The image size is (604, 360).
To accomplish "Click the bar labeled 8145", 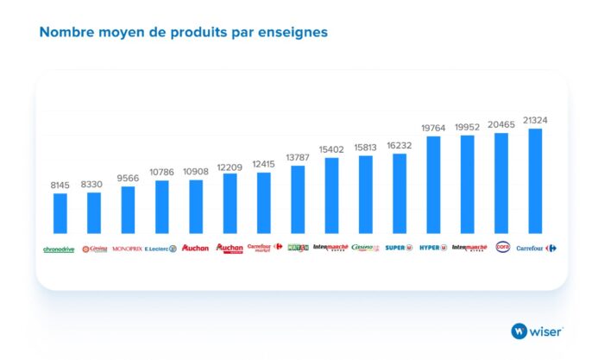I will coord(60,212).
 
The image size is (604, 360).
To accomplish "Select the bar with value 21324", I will coord(535,180).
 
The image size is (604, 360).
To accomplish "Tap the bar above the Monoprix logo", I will coord(128,209).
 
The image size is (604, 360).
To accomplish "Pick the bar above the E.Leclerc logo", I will coord(161,206).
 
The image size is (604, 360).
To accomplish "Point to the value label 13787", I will coord(298,156).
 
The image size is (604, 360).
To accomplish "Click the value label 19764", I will coord(433,127).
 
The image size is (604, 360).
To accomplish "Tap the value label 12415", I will coord(263,164).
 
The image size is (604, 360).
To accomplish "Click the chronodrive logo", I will coord(60,249).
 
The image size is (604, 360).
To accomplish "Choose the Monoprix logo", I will coord(128,249).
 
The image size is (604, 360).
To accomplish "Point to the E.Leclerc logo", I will coord(161,249).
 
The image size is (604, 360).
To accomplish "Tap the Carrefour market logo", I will coord(264,248).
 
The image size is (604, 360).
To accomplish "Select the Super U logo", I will coord(399,248).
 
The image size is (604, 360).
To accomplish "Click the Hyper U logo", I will coord(433,248).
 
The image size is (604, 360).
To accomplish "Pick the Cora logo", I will coord(502,247).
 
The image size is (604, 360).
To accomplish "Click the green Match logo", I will coord(298,248).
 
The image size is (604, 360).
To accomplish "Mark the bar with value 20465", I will coord(501,183).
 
